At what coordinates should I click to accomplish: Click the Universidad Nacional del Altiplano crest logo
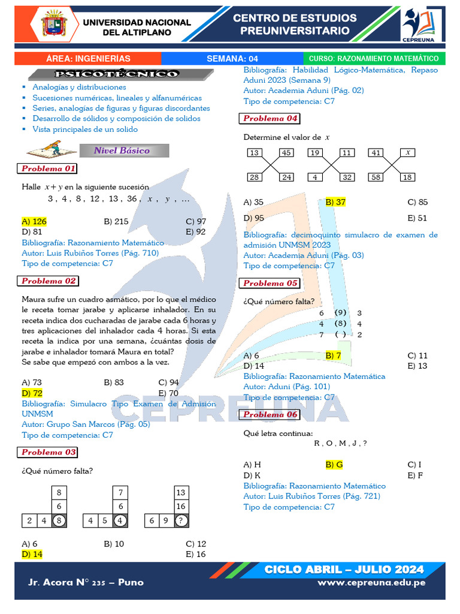pyautogui.click(x=57, y=26)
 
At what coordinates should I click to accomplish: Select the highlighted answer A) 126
pyautogui.click(x=34, y=221)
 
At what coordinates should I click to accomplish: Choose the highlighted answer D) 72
pyautogui.click(x=32, y=393)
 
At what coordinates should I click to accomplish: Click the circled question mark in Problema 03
pyautogui.click(x=180, y=520)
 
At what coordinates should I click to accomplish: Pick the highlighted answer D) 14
pyautogui.click(x=32, y=554)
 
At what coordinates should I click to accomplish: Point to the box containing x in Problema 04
pyautogui.click(x=407, y=152)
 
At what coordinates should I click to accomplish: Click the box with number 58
pyautogui.click(x=376, y=177)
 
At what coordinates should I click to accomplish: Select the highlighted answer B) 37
pyautogui.click(x=335, y=202)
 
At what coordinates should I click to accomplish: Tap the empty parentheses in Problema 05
pyautogui.click(x=340, y=335)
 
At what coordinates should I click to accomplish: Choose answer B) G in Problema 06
pyautogui.click(x=334, y=464)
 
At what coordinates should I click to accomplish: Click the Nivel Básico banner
pyautogui.click(x=122, y=151)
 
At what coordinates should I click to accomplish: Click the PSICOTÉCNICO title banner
pyautogui.click(x=116, y=74)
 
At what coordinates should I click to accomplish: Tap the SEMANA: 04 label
pyautogui.click(x=232, y=59)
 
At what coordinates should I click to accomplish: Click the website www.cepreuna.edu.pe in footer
pyautogui.click(x=371, y=582)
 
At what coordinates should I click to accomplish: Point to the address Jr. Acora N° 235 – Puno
pyautogui.click(x=86, y=582)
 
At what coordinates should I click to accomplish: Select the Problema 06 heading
pyautogui.click(x=270, y=414)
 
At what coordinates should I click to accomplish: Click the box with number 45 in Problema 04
pyautogui.click(x=286, y=152)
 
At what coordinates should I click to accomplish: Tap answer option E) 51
pyautogui.click(x=417, y=218)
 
